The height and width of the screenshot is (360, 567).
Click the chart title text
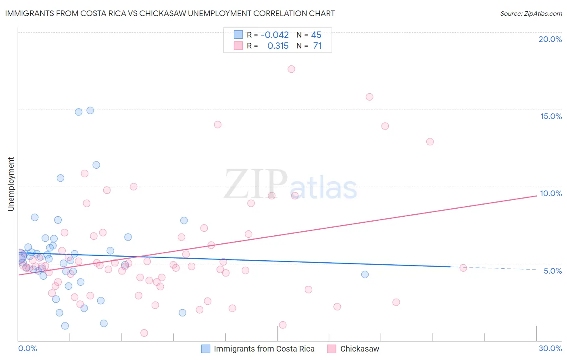pos(170,13)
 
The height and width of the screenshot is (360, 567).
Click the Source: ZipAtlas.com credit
pos(531,13)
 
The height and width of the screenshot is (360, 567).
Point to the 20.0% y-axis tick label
pos(550,39)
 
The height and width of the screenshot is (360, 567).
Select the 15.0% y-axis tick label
pos(551,116)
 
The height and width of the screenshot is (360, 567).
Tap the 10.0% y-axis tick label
pos(551,193)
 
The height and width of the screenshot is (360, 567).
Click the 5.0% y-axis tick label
pos(552,271)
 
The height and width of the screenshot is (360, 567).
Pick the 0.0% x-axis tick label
pos(27,348)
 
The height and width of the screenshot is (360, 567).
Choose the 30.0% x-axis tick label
pos(550,348)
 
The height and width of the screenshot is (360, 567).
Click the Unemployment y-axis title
pos(11,184)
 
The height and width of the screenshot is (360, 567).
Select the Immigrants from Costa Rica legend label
pos(264,349)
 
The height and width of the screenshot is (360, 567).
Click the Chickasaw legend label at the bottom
pos(359,349)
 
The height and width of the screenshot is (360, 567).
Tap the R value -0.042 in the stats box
pos(275,35)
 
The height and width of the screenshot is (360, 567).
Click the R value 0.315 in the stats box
pos(278,46)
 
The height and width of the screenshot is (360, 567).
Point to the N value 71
pos(317,46)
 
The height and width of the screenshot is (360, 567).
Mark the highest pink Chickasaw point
pos(291,69)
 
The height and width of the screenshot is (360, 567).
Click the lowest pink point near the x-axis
pos(144,333)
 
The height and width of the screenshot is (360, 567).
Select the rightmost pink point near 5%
pos(463,268)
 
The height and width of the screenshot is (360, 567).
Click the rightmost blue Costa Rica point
pos(365,274)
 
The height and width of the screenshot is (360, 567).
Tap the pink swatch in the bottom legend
pos(331,349)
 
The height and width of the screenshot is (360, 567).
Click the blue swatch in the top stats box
pos(238,35)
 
